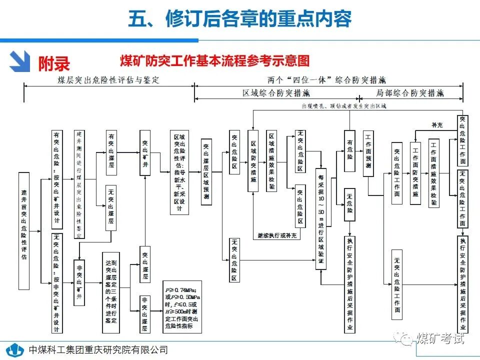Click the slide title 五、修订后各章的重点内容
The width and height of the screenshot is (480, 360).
239,19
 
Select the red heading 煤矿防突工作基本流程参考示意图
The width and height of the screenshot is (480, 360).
215,61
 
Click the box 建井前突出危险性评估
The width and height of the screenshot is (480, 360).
24,231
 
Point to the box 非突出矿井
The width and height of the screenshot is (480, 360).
79,282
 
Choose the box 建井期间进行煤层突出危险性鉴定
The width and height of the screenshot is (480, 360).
79,184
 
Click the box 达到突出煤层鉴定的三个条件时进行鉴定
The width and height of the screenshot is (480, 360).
110,292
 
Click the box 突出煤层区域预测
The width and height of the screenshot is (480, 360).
206,171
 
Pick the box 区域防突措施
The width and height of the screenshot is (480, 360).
254,160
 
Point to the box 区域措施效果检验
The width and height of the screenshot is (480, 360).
272,160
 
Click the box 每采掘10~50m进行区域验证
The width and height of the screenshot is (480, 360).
321,219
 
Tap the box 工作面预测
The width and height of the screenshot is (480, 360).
368,153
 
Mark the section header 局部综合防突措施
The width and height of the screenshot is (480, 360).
409,93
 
